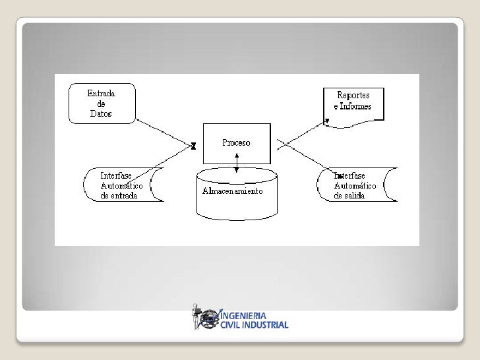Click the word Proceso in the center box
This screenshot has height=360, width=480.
tap(236, 143)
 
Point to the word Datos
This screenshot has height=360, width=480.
tap(102, 113)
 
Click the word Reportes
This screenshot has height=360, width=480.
tap(355, 96)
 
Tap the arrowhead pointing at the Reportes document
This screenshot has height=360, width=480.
tap(326, 121)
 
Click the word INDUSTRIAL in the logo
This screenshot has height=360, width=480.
tap(265, 324)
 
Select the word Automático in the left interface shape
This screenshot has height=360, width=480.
tap(122, 186)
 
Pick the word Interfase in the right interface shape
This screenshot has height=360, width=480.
tap(350, 176)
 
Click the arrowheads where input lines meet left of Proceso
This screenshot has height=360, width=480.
tap(193, 146)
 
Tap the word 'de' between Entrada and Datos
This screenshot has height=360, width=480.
tap(102, 104)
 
